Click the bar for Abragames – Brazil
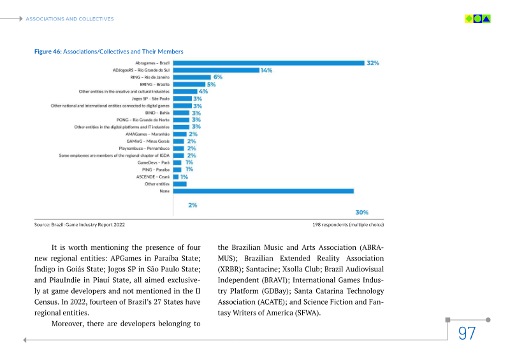pos(268,63)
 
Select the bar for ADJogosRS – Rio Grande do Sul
pos(216,70)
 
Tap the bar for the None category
pos(263,191)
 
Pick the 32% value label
pos(372,63)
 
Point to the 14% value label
pos(266,70)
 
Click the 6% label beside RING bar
pos(217,77)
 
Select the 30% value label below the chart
pos(361,212)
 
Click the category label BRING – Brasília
pos(154,84)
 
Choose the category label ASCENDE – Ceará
pos(153,176)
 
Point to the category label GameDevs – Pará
pos(154,162)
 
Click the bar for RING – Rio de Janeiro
pos(192,77)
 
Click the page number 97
pos(467,333)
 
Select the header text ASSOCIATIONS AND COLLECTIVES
pos(69,19)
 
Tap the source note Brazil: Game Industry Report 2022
pos(79,225)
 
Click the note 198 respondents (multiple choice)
pos(348,225)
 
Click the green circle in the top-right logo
pos(477,19)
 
